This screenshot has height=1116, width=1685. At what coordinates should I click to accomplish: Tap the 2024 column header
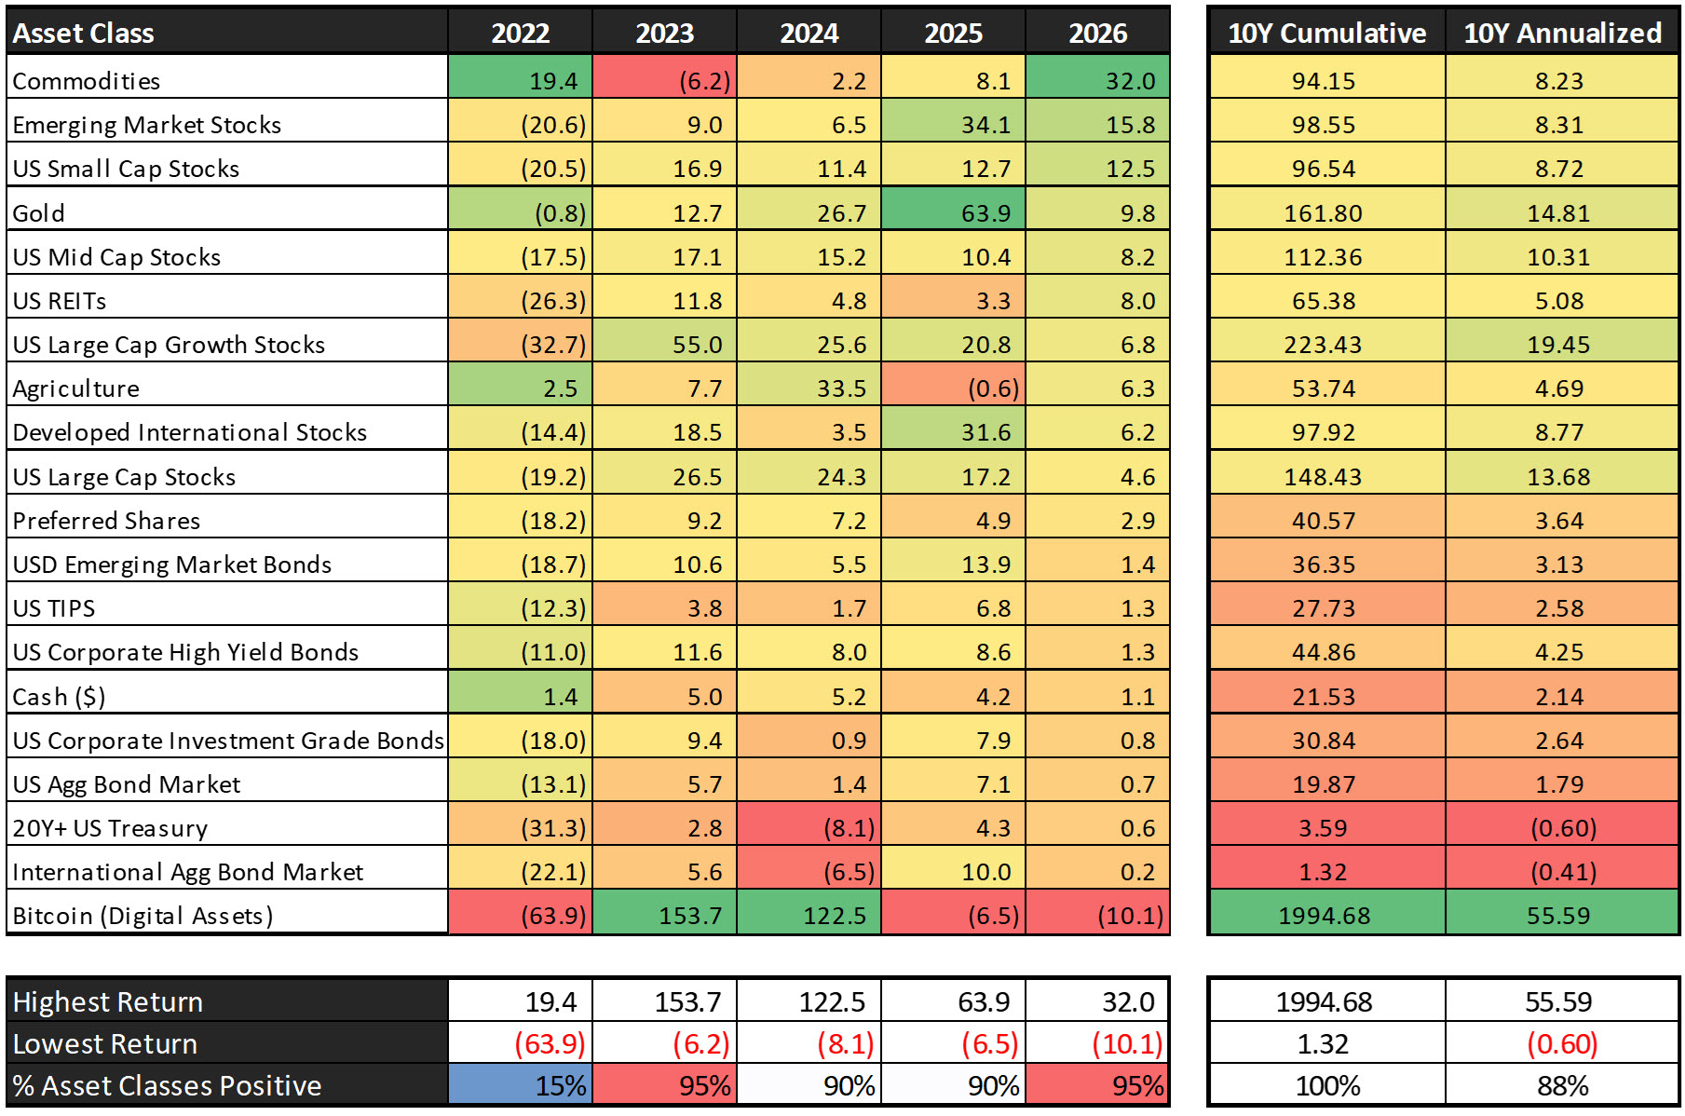click(x=809, y=33)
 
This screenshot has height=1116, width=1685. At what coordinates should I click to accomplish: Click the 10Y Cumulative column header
click(x=1326, y=33)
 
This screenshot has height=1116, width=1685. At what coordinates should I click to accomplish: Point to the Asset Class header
click(x=83, y=33)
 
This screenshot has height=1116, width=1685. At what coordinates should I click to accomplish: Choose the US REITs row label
click(x=60, y=301)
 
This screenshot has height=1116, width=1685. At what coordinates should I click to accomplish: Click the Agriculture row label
click(x=76, y=388)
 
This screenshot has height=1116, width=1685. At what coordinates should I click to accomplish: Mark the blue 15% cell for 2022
click(x=520, y=1084)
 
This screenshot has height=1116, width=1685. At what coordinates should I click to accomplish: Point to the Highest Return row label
click(x=108, y=1001)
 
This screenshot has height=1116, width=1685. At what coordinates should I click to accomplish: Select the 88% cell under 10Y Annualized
click(x=1562, y=1084)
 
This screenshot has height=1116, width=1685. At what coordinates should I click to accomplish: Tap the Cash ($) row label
click(x=59, y=697)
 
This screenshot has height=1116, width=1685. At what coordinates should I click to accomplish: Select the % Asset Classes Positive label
click(x=167, y=1085)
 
